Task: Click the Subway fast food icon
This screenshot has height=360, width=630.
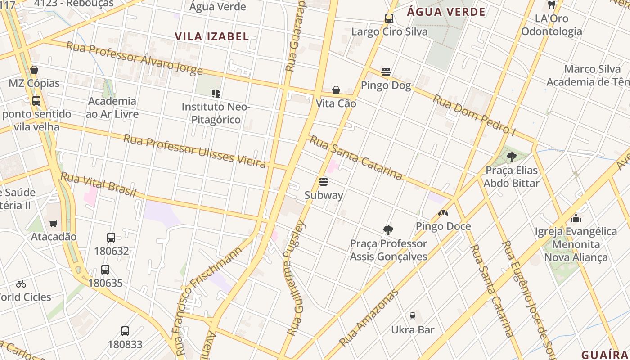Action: coord(323,182)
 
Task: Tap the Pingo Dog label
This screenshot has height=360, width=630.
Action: coord(386,85)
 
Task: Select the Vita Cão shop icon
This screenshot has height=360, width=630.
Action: coord(336,90)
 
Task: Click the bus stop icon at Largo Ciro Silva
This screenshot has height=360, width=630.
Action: coord(389,18)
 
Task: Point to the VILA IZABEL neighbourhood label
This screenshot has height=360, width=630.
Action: coord(211,36)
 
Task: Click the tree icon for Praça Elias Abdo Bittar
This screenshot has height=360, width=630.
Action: coord(511,157)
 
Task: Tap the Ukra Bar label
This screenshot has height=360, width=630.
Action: coord(413,330)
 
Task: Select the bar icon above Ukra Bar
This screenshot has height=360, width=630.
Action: coord(413,316)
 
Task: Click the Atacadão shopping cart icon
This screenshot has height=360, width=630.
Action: coord(54,223)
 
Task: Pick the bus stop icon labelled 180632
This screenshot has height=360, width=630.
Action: coord(111,237)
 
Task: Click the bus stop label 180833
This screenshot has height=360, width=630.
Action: coord(125,345)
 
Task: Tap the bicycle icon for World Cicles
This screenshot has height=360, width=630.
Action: coord(21,284)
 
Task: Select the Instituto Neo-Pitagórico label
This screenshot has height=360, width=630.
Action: coord(216,113)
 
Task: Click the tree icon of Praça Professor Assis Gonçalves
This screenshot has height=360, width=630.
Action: coord(388,230)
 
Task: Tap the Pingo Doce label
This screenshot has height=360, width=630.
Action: coord(443,226)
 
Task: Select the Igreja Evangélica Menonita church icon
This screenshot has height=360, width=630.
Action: coord(576,219)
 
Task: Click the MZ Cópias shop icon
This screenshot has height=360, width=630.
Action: coord(34,70)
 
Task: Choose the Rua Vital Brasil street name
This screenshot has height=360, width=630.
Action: coord(98,184)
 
